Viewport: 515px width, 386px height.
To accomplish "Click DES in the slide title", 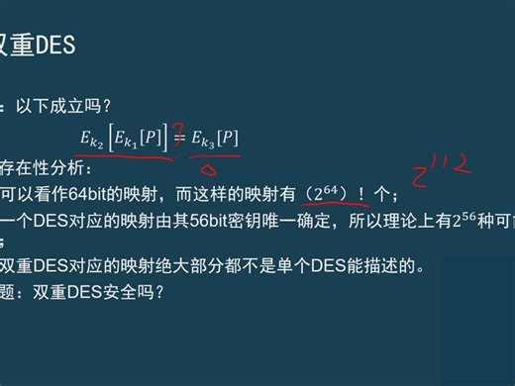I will pos(56,46).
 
